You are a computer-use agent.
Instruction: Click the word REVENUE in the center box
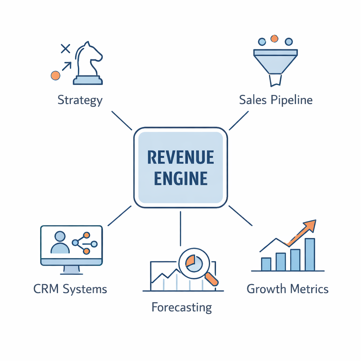(180, 157)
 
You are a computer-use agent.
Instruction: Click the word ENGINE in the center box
(180, 178)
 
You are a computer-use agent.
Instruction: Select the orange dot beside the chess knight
(55, 75)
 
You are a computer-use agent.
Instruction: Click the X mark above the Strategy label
(65, 48)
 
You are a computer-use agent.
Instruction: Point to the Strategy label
(80, 100)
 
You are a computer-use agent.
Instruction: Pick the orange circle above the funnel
(274, 37)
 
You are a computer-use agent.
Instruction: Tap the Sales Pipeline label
(276, 100)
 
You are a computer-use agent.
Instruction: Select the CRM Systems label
(70, 289)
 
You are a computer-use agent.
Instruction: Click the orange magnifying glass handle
(211, 279)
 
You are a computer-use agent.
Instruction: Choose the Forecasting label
(182, 307)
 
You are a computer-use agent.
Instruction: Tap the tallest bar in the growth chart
(310, 255)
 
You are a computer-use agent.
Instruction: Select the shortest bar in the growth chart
(266, 264)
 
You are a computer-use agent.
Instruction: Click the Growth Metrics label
(287, 289)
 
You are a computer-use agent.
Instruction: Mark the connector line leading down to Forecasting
(180, 228)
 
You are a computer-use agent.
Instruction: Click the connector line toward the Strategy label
(122, 121)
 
